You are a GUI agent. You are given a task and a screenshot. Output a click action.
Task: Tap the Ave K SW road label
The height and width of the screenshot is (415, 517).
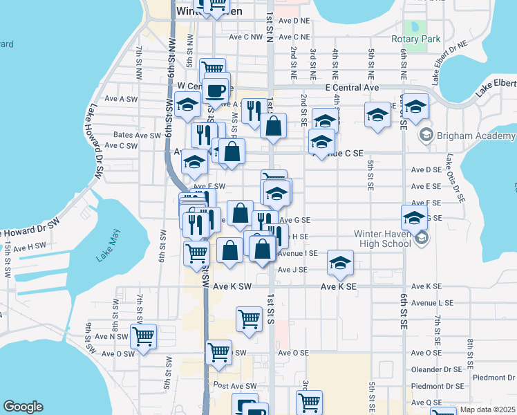coord(232,286)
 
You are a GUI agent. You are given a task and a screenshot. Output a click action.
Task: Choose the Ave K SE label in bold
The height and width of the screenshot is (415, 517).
coord(338,286)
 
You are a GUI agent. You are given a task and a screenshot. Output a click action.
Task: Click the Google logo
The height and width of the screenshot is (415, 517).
coord(23,407)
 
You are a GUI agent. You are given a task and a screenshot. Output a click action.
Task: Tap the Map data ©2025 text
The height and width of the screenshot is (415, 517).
coord(487,409)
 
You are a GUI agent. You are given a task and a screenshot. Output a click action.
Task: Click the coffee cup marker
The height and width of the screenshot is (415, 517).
coord(216,91)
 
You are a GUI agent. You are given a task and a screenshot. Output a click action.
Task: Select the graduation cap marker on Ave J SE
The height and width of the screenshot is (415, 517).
coord(340,263)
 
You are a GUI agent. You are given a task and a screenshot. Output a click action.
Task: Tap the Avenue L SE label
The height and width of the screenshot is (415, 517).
coord(432,303)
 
